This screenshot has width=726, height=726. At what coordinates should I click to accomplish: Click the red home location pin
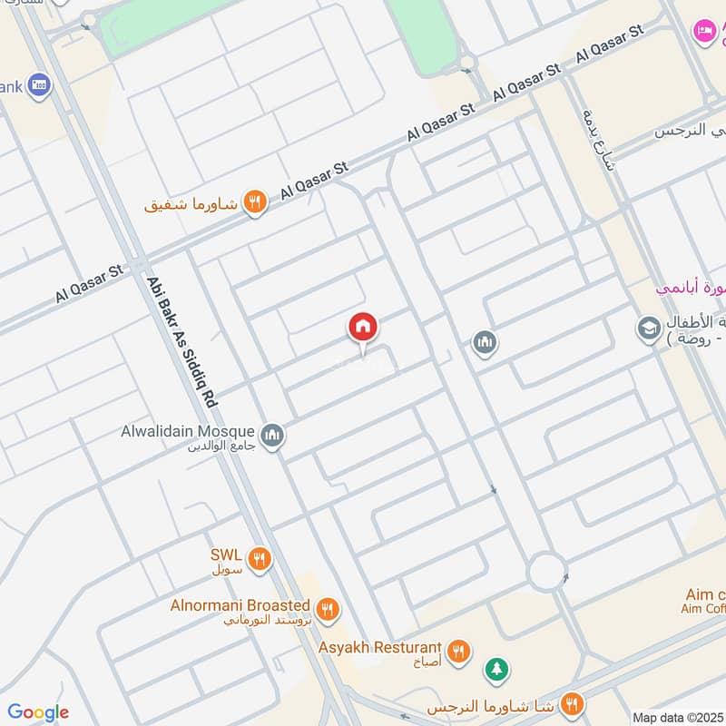(x=363, y=328)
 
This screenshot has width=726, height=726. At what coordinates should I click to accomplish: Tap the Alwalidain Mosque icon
(x=272, y=436)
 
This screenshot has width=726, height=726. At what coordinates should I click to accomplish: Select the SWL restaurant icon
(x=260, y=559)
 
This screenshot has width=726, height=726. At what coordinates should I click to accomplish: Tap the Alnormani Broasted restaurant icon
(x=328, y=609)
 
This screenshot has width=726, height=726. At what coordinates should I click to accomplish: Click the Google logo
(x=38, y=712)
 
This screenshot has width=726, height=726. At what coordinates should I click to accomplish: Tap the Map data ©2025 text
(x=678, y=717)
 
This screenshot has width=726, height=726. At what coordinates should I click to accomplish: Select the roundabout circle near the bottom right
(x=548, y=571)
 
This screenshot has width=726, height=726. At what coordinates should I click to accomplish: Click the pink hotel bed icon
(x=703, y=31)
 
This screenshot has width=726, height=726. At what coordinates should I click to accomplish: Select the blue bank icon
(x=40, y=86)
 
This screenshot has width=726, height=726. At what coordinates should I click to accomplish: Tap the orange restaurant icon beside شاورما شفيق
(x=255, y=203)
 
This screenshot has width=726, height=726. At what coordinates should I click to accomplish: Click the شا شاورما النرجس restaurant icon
(x=573, y=704)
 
